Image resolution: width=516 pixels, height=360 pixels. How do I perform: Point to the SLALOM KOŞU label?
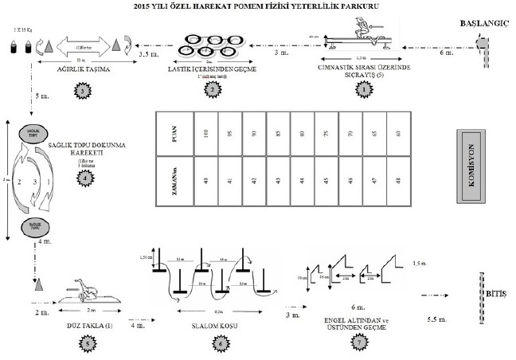click(x=209, y=326)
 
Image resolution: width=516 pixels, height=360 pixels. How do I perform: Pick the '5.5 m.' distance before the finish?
click(x=438, y=318)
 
